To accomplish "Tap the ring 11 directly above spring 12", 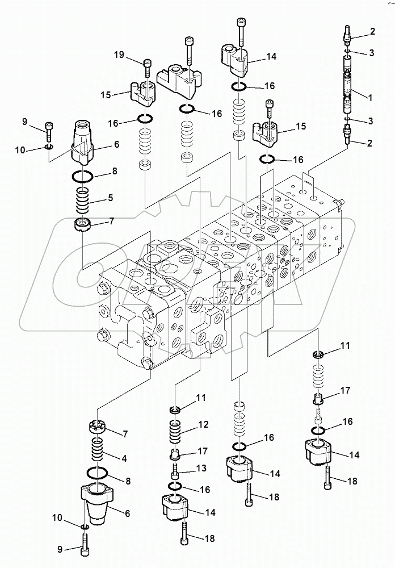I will click(x=175, y=410).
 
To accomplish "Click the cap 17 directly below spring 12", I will click(x=175, y=454).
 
